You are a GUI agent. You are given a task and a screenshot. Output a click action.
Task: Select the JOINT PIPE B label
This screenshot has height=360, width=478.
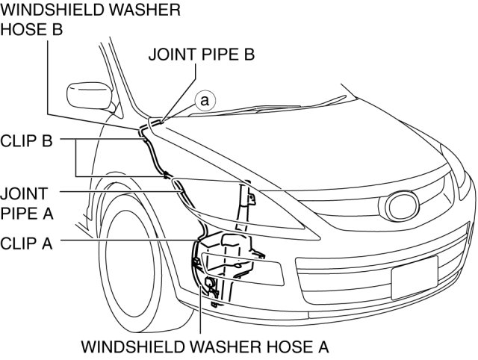[x=202, y=55]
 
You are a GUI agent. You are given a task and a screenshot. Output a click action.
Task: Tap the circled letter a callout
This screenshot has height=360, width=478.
[x=205, y=99]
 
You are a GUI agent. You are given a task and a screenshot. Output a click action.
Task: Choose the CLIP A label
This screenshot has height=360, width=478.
[x=26, y=242]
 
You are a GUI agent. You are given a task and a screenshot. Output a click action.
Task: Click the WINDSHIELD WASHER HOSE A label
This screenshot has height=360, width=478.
[x=204, y=347]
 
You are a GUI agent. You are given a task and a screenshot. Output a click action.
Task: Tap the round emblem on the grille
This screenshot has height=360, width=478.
[x=402, y=205]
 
